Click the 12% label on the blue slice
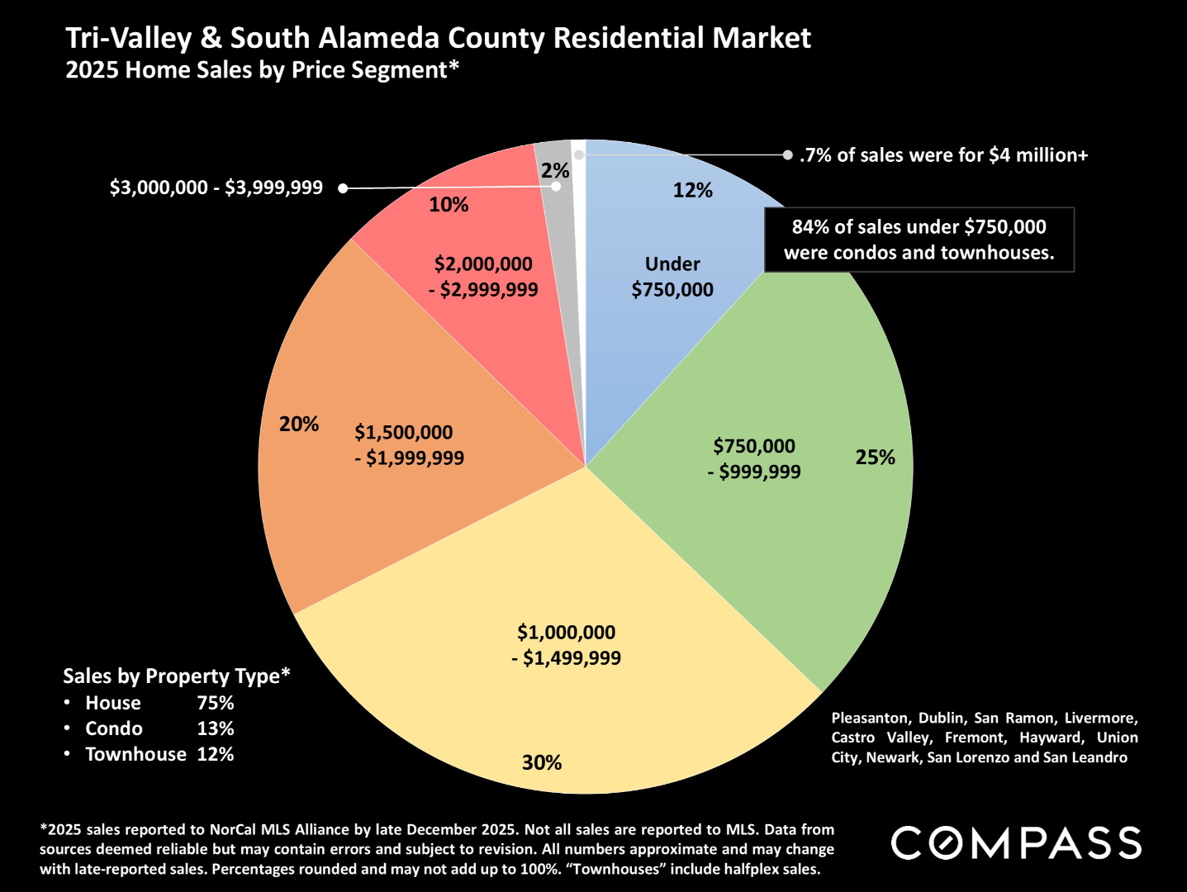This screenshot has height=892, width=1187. pyautogui.click(x=692, y=191)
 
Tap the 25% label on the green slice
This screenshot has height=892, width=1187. pyautogui.click(x=875, y=458)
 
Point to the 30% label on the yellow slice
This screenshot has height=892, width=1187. pyautogui.click(x=542, y=762)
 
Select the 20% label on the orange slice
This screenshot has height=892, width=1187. pyautogui.click(x=299, y=425)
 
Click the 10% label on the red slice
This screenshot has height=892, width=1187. pyautogui.click(x=449, y=205)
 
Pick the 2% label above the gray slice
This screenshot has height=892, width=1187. pyautogui.click(x=555, y=171)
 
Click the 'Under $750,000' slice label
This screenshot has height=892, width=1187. pyautogui.click(x=672, y=277)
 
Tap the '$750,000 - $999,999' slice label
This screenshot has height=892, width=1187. pyautogui.click(x=755, y=459)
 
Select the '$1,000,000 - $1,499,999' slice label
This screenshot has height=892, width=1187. pyautogui.click(x=567, y=645)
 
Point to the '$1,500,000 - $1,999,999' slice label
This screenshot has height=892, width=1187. pyautogui.click(x=409, y=445)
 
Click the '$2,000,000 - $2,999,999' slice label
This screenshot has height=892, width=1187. pyautogui.click(x=484, y=277)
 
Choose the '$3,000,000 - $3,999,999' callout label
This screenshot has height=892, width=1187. pyautogui.click(x=216, y=188)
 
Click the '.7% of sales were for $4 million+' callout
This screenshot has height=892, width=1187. pyautogui.click(x=943, y=155)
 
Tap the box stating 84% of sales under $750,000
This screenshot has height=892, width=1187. pyautogui.click(x=919, y=240)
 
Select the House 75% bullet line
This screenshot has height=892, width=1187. pyautogui.click(x=150, y=703)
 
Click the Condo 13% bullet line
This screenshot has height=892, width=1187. pyautogui.click(x=150, y=728)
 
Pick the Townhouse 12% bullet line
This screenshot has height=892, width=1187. pyautogui.click(x=150, y=754)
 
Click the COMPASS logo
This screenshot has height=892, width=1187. pyautogui.click(x=1016, y=843)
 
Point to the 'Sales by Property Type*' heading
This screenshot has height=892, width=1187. pyautogui.click(x=177, y=676)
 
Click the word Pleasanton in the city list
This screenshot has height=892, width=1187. pyautogui.click(x=869, y=718)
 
